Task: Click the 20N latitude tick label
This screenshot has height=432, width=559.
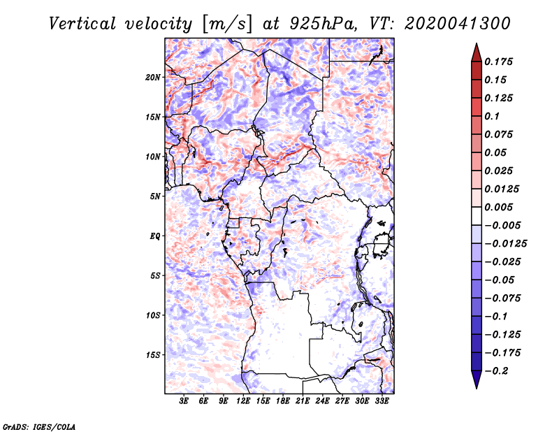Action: [153, 78]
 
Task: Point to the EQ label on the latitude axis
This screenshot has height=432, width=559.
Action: [155, 236]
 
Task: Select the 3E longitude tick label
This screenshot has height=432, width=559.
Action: [184, 401]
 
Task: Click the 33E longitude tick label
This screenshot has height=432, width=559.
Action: [382, 401]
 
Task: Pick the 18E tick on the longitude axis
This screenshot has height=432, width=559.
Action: [283, 401]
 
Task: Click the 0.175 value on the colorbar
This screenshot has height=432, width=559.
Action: [498, 62]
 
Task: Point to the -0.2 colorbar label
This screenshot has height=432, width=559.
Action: [496, 371]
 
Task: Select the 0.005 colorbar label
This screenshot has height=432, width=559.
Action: [498, 207]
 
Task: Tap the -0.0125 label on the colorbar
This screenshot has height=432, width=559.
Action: [505, 244]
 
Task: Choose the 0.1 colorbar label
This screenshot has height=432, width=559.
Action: [492, 116]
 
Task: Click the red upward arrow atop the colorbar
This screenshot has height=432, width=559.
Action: [477, 52]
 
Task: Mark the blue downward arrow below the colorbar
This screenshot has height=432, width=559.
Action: [477, 380]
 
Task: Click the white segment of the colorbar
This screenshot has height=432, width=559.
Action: [477, 216]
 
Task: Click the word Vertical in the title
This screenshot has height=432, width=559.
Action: [82, 24]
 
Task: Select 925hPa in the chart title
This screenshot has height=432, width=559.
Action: [323, 24]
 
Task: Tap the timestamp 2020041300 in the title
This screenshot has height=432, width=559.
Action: [458, 24]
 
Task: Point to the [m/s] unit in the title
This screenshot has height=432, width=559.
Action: [227, 24]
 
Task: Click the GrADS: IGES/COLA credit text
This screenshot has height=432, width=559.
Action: [39, 426]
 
